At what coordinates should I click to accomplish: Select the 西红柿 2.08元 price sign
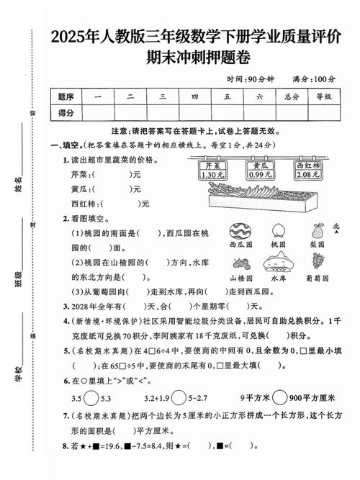(x=307, y=170)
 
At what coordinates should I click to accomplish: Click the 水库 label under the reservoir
(x=277, y=278)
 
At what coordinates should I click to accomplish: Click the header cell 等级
(x=323, y=96)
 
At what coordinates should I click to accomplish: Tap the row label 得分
(x=66, y=112)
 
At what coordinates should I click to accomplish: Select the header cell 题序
(x=66, y=96)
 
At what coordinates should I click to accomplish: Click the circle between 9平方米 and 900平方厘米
(x=279, y=396)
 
